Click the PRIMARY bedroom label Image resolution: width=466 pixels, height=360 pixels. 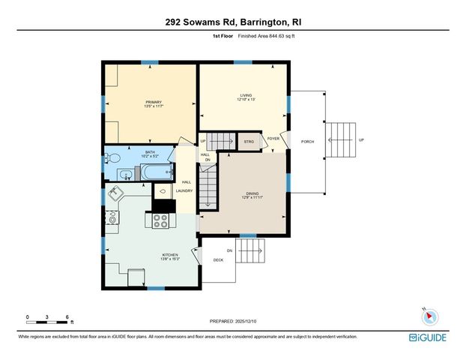[x=154, y=103]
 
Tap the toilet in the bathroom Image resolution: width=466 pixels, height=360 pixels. [x=112, y=158]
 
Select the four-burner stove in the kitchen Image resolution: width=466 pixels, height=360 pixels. [x=160, y=220]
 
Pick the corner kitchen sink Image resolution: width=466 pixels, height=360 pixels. [x=116, y=193]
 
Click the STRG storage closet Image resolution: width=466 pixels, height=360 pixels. [x=248, y=140]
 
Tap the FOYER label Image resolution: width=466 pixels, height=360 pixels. [x=273, y=139]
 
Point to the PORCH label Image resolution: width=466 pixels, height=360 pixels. [x=306, y=141]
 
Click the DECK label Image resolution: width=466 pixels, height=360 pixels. [x=218, y=260]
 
